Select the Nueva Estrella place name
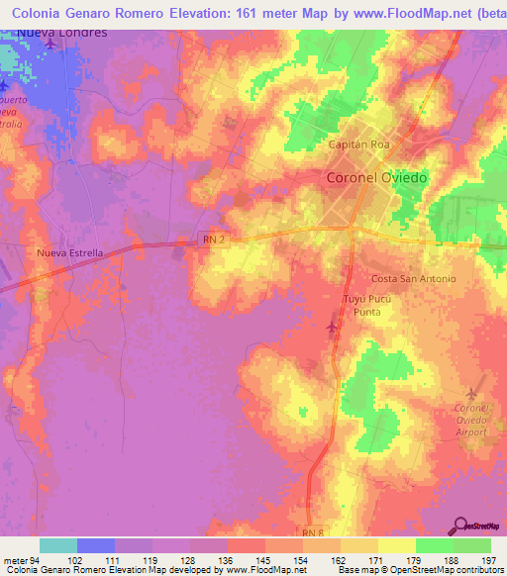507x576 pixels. [69, 252]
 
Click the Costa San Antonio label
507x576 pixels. [413, 279]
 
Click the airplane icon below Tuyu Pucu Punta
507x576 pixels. [332, 327]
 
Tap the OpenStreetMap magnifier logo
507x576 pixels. [460, 526]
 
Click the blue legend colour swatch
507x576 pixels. [95, 545]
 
